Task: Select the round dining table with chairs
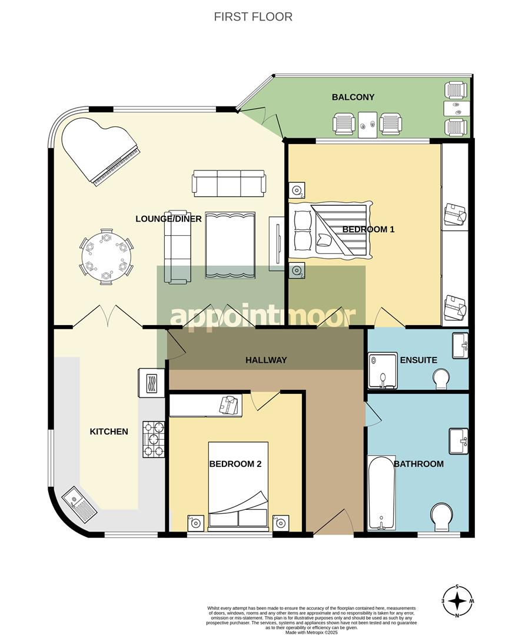pyautogui.click(x=106, y=256)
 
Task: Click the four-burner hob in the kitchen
pyautogui.click(x=153, y=439)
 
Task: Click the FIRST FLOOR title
pyautogui.click(x=253, y=16)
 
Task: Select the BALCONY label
pyautogui.click(x=353, y=97)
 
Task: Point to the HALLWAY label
pyautogui.click(x=267, y=360)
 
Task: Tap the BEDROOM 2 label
pyautogui.click(x=235, y=464)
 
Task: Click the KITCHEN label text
pyautogui.click(x=108, y=432)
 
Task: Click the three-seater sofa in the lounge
pyautogui.click(x=229, y=183)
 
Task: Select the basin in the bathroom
pyautogui.click(x=458, y=441)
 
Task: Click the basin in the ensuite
pyautogui.click(x=460, y=345)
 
